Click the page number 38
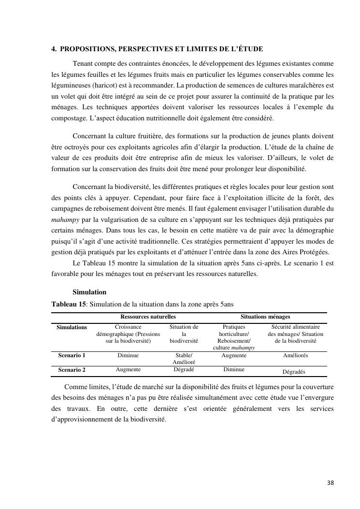(x=330, y=482)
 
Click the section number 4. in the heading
(x=54, y=49)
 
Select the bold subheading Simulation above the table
(x=89, y=292)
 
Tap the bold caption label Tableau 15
(x=69, y=304)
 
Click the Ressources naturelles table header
(x=148, y=317)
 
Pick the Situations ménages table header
(x=265, y=317)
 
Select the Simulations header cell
(x=72, y=327)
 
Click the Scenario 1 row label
(x=72, y=355)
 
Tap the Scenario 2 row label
(x=72, y=369)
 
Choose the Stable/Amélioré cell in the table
(x=184, y=359)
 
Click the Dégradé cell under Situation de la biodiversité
(x=184, y=369)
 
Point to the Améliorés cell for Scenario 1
(x=295, y=355)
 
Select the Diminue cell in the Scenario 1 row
(x=128, y=355)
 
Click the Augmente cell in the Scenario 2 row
(x=128, y=369)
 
